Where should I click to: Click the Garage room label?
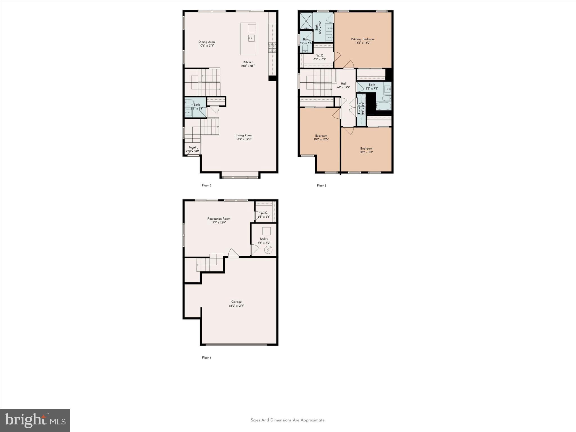click(236, 302)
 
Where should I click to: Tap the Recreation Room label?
click(219, 219)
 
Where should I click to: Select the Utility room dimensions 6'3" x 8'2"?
click(264, 243)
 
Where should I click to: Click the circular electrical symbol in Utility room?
click(268, 249)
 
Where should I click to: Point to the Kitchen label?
click(248, 62)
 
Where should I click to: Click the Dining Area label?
click(206, 42)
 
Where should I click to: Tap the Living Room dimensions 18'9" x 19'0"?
click(244, 139)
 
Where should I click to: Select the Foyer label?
click(192, 147)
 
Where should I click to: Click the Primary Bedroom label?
click(363, 39)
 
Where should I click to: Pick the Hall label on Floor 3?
click(343, 84)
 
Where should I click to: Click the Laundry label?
click(359, 108)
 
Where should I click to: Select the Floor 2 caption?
click(206, 185)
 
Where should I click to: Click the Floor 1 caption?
click(206, 357)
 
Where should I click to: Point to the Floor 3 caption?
click(321, 185)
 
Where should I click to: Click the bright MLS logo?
click(35, 420)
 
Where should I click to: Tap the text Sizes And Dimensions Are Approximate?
click(288, 420)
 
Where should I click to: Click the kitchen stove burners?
click(272, 47)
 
